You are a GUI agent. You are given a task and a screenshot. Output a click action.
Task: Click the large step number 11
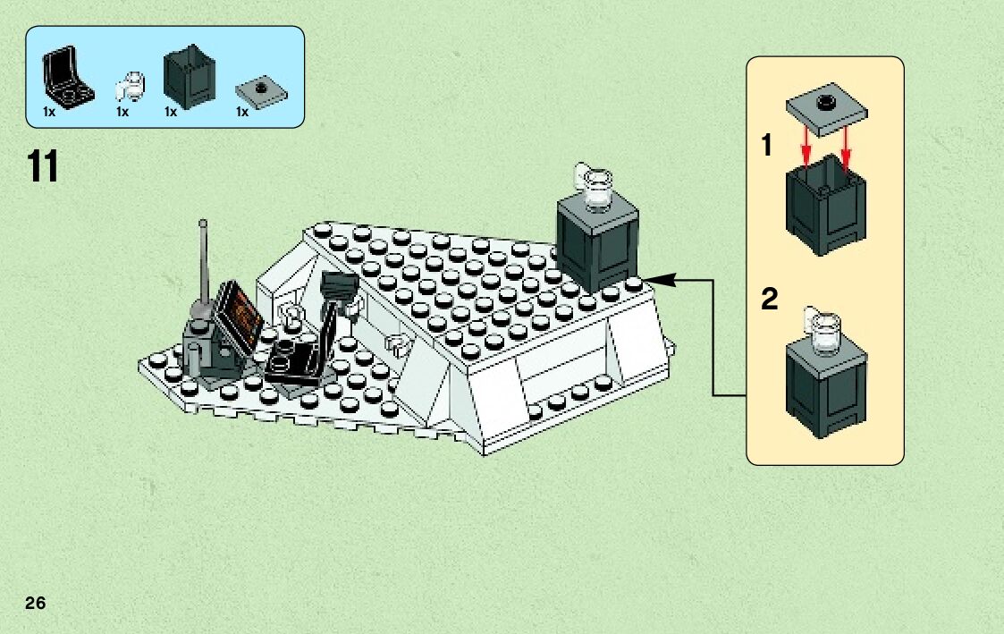point(43,167)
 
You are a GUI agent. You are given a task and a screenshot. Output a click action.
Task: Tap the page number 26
point(36,603)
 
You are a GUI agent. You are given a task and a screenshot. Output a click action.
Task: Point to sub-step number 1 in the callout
point(767,145)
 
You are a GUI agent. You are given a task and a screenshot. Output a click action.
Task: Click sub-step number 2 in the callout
point(769,300)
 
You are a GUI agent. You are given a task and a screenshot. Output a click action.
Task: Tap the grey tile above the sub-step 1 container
point(828,109)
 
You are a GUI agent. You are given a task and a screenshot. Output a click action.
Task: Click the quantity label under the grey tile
point(241,114)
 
